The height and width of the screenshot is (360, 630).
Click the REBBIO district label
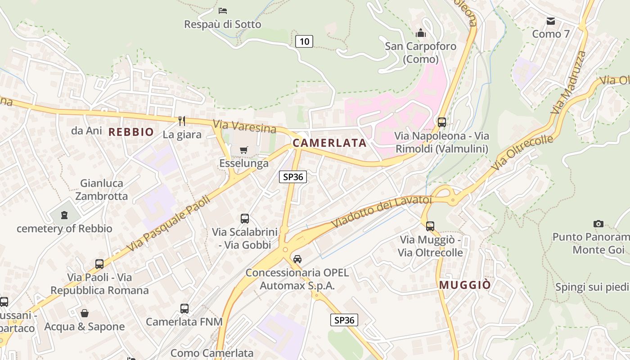pyautogui.click(x=131, y=132)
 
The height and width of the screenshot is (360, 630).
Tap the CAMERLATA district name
pyautogui.click(x=329, y=143)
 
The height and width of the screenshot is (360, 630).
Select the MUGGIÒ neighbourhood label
pyautogui.click(x=465, y=285)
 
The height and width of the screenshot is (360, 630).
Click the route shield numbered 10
pyautogui.click(x=304, y=42)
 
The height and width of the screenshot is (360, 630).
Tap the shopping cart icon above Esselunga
pyautogui.click(x=243, y=150)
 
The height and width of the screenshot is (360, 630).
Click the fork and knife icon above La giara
pyautogui.click(x=182, y=121)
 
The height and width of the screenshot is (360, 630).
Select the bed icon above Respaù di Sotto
pyautogui.click(x=222, y=10)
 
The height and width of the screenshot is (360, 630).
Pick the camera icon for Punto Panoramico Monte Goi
pyautogui.click(x=598, y=224)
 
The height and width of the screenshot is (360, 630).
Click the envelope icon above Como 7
pyautogui.click(x=550, y=21)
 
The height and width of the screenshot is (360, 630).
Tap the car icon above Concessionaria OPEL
pyautogui.click(x=297, y=259)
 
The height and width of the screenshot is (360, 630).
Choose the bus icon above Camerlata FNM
pyautogui.click(x=184, y=308)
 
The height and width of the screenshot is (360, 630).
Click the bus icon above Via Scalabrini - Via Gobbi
pyautogui.click(x=244, y=219)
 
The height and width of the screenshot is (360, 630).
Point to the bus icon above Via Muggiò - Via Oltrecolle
pyautogui.click(x=430, y=226)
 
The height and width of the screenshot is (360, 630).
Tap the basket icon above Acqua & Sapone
pyautogui.click(x=84, y=313)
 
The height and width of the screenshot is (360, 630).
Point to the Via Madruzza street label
pyautogui.click(x=569, y=82)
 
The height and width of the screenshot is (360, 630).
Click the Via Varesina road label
pyautogui.click(x=244, y=126)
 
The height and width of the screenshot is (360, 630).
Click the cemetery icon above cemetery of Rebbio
pyautogui.click(x=64, y=215)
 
